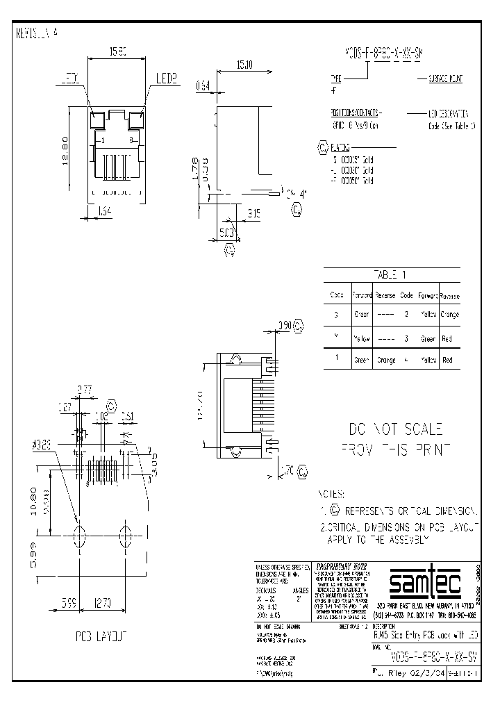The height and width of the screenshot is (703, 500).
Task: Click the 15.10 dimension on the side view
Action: (x=244, y=65)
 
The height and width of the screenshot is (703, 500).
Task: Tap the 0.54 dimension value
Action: (x=203, y=86)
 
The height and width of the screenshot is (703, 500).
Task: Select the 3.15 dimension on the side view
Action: (x=254, y=215)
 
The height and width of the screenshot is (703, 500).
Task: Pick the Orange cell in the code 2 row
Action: (x=449, y=314)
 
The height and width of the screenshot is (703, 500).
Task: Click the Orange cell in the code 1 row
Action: (x=385, y=360)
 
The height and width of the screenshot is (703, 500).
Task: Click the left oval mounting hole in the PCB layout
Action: (x=79, y=536)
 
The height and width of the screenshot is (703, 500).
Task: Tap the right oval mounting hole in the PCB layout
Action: (x=126, y=536)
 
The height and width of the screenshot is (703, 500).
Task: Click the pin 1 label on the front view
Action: (x=102, y=141)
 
